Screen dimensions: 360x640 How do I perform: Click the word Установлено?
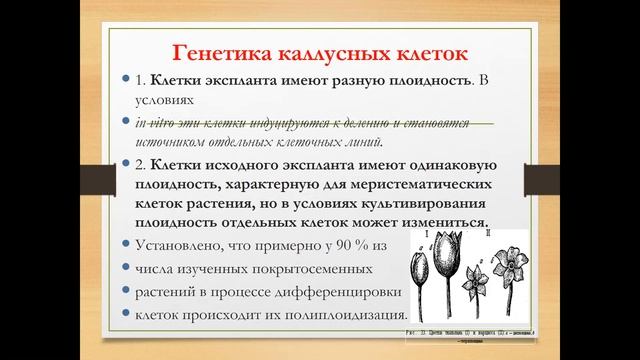(180, 245)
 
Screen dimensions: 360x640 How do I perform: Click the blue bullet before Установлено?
(124, 245)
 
